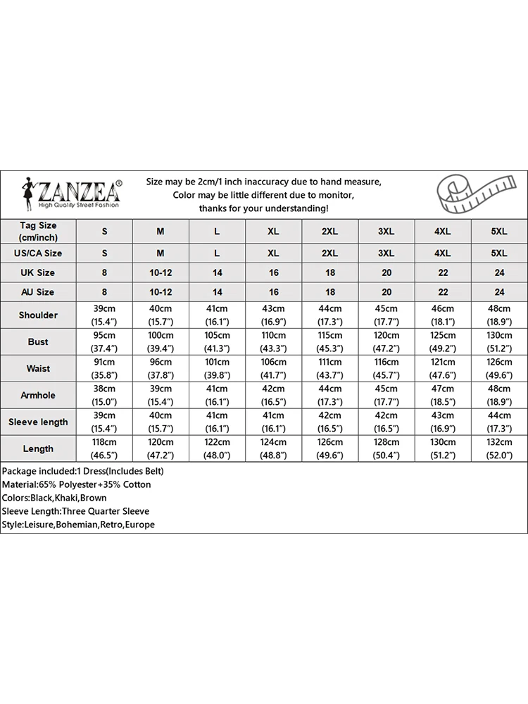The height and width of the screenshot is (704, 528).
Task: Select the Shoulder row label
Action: [x=38, y=315]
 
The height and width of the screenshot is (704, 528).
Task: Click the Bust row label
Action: [x=38, y=341]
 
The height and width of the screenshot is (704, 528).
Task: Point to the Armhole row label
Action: [x=38, y=395]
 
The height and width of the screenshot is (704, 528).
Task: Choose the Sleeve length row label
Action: [x=38, y=422]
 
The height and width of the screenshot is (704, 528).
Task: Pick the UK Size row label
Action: [x=38, y=272]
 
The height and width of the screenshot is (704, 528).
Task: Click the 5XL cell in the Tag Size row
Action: [x=498, y=231]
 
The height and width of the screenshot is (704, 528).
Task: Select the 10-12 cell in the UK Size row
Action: [x=161, y=272]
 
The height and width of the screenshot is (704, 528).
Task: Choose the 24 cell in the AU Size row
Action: [x=498, y=291]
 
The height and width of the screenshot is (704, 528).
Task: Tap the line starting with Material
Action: [x=76, y=484]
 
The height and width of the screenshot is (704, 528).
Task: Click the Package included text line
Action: [x=82, y=471]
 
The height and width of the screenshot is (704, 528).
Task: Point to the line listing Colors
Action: [x=54, y=498]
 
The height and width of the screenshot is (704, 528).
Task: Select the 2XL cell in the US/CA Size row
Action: [x=329, y=253]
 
